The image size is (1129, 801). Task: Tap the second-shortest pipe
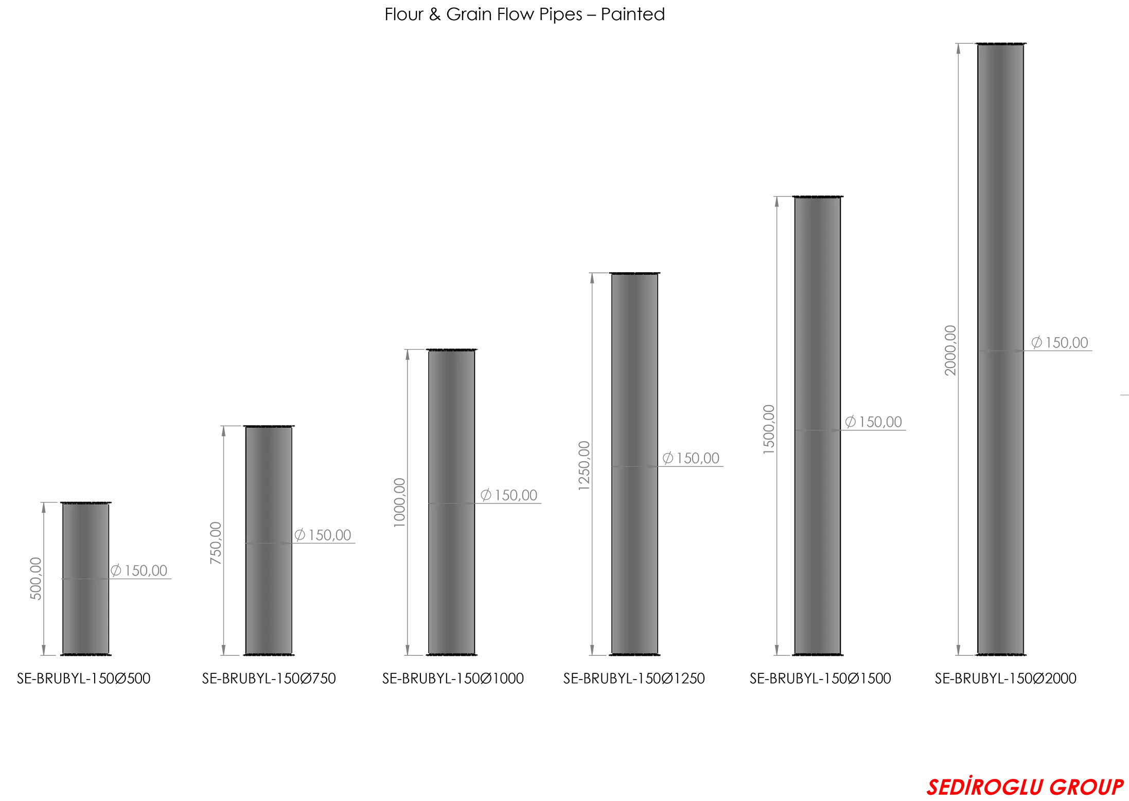[x=268, y=541]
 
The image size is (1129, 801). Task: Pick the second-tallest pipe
[x=818, y=426]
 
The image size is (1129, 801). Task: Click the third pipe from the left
[x=452, y=502]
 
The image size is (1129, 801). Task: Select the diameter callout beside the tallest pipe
[x=1061, y=344]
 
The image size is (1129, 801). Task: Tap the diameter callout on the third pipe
[x=509, y=496]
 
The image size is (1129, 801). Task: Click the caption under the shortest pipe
[x=85, y=678]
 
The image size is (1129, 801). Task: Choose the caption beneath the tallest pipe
[x=1006, y=678]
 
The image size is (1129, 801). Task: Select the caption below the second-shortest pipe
[x=270, y=678]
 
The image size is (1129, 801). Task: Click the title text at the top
[x=524, y=13]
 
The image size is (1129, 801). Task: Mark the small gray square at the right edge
[x=1124, y=395]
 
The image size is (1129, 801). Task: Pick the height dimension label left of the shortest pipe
[x=35, y=579]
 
